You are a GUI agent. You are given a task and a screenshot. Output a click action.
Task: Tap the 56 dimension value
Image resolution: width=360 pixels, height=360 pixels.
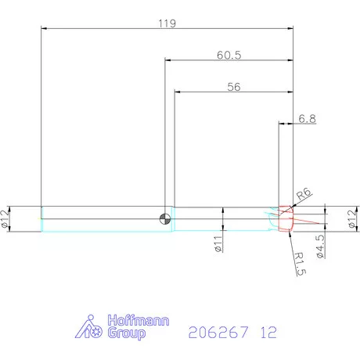(233, 87)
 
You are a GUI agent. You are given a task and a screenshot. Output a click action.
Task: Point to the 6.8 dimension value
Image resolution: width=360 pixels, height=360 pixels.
(308, 120)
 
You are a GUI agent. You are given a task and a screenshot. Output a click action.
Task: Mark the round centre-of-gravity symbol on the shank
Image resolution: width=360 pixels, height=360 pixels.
(165, 218)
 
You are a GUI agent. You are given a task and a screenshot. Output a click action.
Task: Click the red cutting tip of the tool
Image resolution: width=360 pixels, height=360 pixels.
(286, 219)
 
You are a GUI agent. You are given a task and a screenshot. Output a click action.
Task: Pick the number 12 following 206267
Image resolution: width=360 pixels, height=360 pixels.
(268, 332)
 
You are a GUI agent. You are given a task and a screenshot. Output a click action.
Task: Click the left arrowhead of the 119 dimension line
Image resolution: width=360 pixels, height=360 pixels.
(43, 29)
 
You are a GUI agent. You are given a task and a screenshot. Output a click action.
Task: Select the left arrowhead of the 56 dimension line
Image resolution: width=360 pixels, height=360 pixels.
(175, 92)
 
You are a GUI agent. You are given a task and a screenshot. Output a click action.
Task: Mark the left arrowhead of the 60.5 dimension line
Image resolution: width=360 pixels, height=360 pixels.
(167, 61)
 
